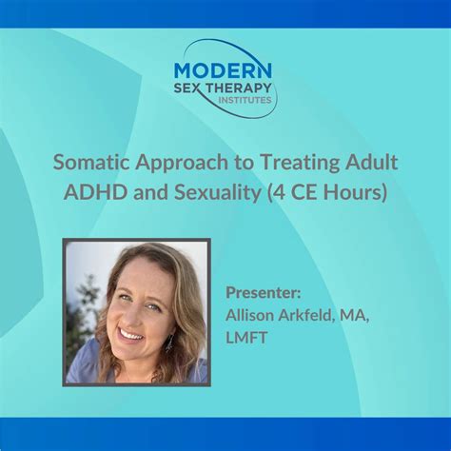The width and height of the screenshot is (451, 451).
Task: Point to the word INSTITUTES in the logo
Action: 244,99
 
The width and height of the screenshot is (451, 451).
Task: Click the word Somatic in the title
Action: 92,162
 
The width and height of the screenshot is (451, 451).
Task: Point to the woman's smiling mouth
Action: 132,333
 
